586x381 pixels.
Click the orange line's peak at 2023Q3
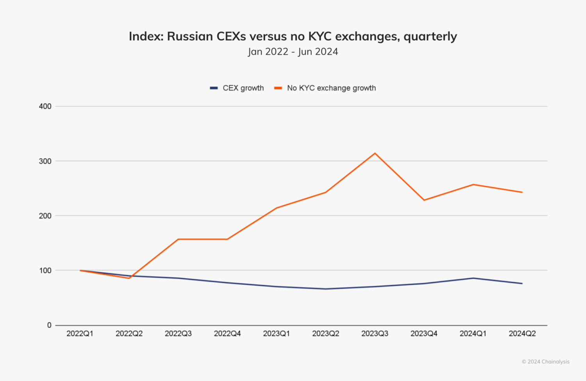tap(375, 153)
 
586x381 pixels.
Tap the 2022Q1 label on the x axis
tap(80, 334)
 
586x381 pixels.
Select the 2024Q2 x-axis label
tap(522, 334)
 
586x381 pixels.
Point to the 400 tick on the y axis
tap(45, 106)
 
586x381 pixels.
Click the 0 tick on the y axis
tap(49, 325)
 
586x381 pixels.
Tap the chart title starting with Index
tap(293, 36)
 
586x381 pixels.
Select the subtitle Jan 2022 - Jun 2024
tap(293, 52)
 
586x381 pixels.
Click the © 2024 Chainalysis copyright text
tap(545, 361)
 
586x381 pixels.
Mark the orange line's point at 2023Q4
tap(424, 200)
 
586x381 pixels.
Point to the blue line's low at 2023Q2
tap(325, 289)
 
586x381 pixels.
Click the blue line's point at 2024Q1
tap(473, 278)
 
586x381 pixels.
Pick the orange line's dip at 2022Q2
tap(129, 278)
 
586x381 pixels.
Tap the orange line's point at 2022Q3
tap(178, 239)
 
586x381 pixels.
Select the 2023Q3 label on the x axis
tap(375, 334)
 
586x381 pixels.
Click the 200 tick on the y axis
tap(45, 216)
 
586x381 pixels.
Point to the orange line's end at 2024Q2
tap(522, 192)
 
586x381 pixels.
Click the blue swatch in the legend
tap(214, 88)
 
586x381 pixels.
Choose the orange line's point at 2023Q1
tap(276, 208)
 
